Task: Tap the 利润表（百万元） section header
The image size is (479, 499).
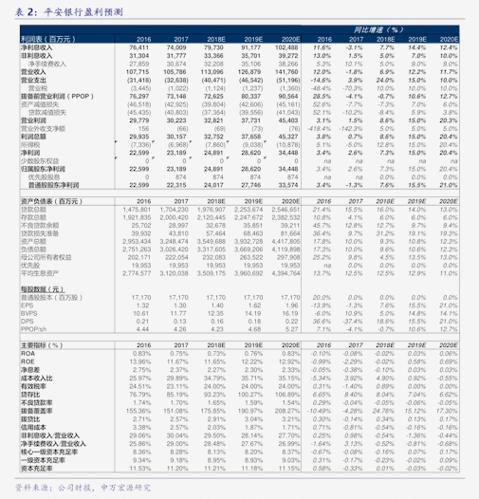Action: [x=46, y=39]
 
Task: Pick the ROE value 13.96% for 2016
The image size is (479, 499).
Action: [x=140, y=362]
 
